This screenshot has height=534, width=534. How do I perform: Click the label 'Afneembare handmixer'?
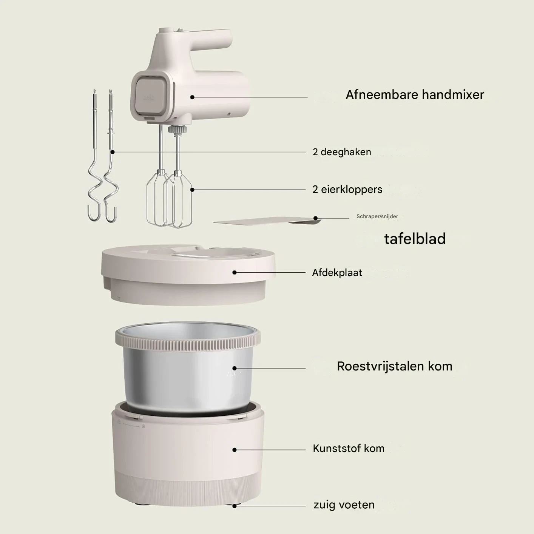415,95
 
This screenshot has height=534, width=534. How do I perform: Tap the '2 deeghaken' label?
342,152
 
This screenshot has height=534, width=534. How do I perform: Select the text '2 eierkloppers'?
347,190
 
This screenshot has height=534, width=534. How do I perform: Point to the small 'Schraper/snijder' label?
377,216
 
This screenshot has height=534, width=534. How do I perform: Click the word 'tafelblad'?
415,239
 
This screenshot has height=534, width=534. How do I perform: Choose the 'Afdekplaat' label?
337,273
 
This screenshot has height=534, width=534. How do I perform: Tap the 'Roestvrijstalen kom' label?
395,366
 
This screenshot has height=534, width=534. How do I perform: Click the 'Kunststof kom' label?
349,448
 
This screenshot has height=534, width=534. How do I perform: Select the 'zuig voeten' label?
344,505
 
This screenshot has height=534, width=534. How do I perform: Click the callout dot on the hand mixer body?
192,97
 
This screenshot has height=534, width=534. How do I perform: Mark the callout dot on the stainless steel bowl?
235,368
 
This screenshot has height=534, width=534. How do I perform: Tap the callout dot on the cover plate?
235,272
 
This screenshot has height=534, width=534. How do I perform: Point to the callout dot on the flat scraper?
315,218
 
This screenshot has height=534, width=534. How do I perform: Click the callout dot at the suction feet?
235,506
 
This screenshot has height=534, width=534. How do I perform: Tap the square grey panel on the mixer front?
151,96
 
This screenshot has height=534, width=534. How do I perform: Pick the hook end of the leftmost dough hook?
94,214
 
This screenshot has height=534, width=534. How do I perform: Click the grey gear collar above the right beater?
177,130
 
